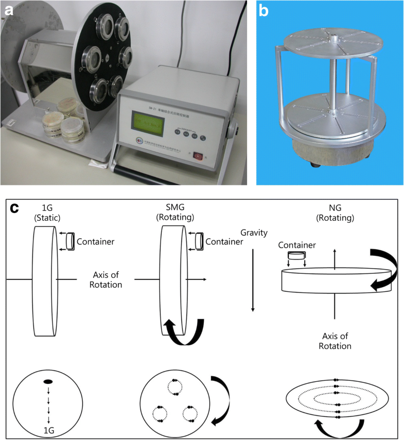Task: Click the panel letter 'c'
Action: point(15,209)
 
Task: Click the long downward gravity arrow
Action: point(252,280)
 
